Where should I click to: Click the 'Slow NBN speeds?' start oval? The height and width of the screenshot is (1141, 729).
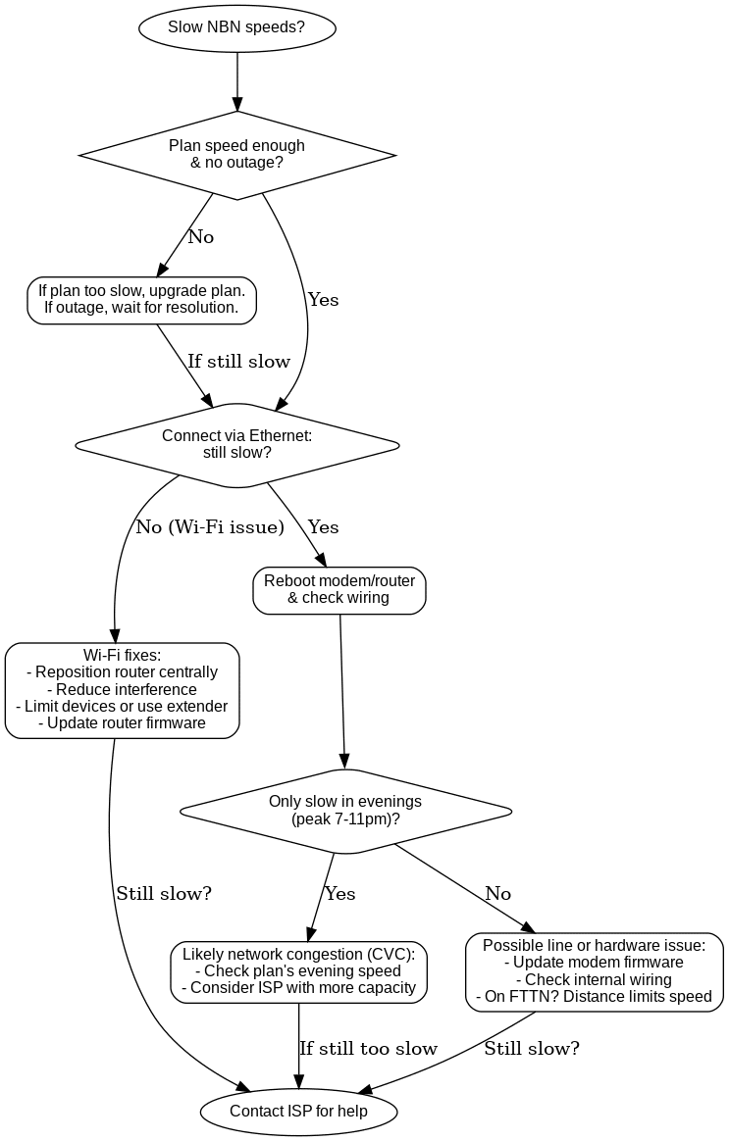[237, 27]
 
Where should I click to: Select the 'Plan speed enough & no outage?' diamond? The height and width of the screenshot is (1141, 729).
[237, 154]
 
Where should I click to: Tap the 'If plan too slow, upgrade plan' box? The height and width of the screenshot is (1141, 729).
[141, 299]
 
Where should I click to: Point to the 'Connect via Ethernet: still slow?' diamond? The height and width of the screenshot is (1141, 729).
[237, 445]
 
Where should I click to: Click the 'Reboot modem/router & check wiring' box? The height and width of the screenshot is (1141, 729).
[339, 590]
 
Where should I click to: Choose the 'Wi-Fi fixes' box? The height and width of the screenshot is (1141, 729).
[123, 689]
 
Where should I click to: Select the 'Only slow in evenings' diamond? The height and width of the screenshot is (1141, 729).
[346, 811]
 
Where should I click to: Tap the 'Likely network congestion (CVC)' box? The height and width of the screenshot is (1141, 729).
[299, 971]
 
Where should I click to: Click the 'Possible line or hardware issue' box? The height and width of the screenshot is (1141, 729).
[595, 971]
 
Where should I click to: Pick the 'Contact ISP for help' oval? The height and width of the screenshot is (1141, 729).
[299, 1111]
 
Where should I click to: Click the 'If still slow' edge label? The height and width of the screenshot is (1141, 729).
[239, 362]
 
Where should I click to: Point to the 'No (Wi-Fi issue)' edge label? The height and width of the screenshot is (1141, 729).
[210, 527]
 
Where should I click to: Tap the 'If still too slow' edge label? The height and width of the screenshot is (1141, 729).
[368, 1049]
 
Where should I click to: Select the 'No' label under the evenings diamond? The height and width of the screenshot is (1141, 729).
[498, 894]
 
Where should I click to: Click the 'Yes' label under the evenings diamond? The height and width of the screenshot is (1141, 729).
[340, 894]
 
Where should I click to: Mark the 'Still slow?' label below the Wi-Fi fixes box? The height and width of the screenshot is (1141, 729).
[164, 894]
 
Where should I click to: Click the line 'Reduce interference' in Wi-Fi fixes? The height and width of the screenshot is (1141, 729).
[123, 690]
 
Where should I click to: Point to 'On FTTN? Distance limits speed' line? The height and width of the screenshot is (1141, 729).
[595, 997]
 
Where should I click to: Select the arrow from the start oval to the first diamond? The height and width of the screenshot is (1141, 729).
[237, 78]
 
